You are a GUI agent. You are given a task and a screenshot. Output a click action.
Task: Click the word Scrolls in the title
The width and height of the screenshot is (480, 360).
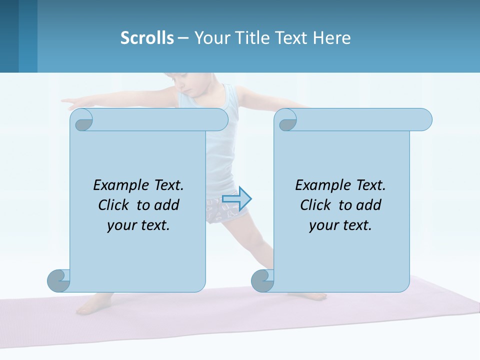tap(147, 37)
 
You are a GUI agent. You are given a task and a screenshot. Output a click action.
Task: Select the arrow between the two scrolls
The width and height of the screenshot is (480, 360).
tap(236, 198)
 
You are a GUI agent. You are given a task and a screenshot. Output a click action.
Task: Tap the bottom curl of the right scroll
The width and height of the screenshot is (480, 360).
tap(262, 280)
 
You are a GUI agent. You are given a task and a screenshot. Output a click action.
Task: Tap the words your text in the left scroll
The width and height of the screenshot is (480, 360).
tap(138, 225)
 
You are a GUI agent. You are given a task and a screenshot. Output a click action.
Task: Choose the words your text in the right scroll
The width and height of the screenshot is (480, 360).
tap(340, 225)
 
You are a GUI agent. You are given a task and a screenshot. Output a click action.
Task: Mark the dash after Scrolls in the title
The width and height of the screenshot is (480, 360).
tap(183, 38)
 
